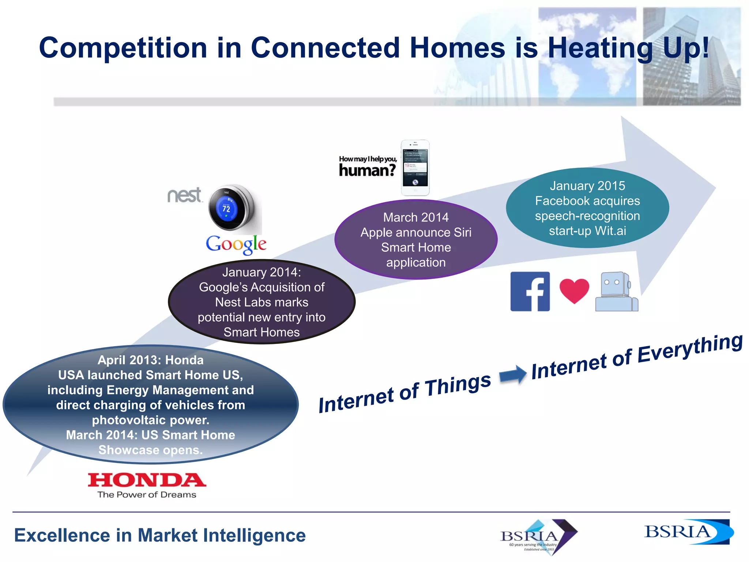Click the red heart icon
pyautogui.click(x=574, y=291)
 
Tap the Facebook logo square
pyautogui.click(x=530, y=292)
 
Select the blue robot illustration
pyautogui.click(x=617, y=292)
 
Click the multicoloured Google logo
pyautogui.click(x=236, y=244)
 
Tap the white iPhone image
pyautogui.click(x=415, y=168)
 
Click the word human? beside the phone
pyautogui.click(x=367, y=171)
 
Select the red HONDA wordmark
pyautogui.click(x=147, y=480)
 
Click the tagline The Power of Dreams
pyautogui.click(x=147, y=495)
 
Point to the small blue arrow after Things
pyautogui.click(x=513, y=375)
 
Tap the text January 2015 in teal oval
pyautogui.click(x=587, y=186)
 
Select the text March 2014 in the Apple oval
pyautogui.click(x=416, y=217)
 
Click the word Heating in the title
pyautogui.click(x=600, y=48)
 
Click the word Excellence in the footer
pyautogui.click(x=62, y=535)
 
